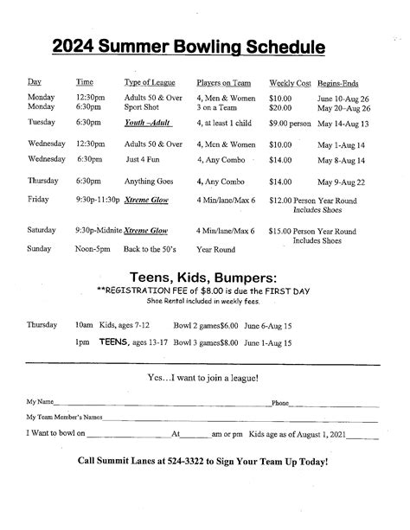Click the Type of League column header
[x=150, y=82]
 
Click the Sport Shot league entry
[x=144, y=108]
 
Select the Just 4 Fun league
[x=145, y=160]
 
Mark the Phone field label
[x=280, y=403]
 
